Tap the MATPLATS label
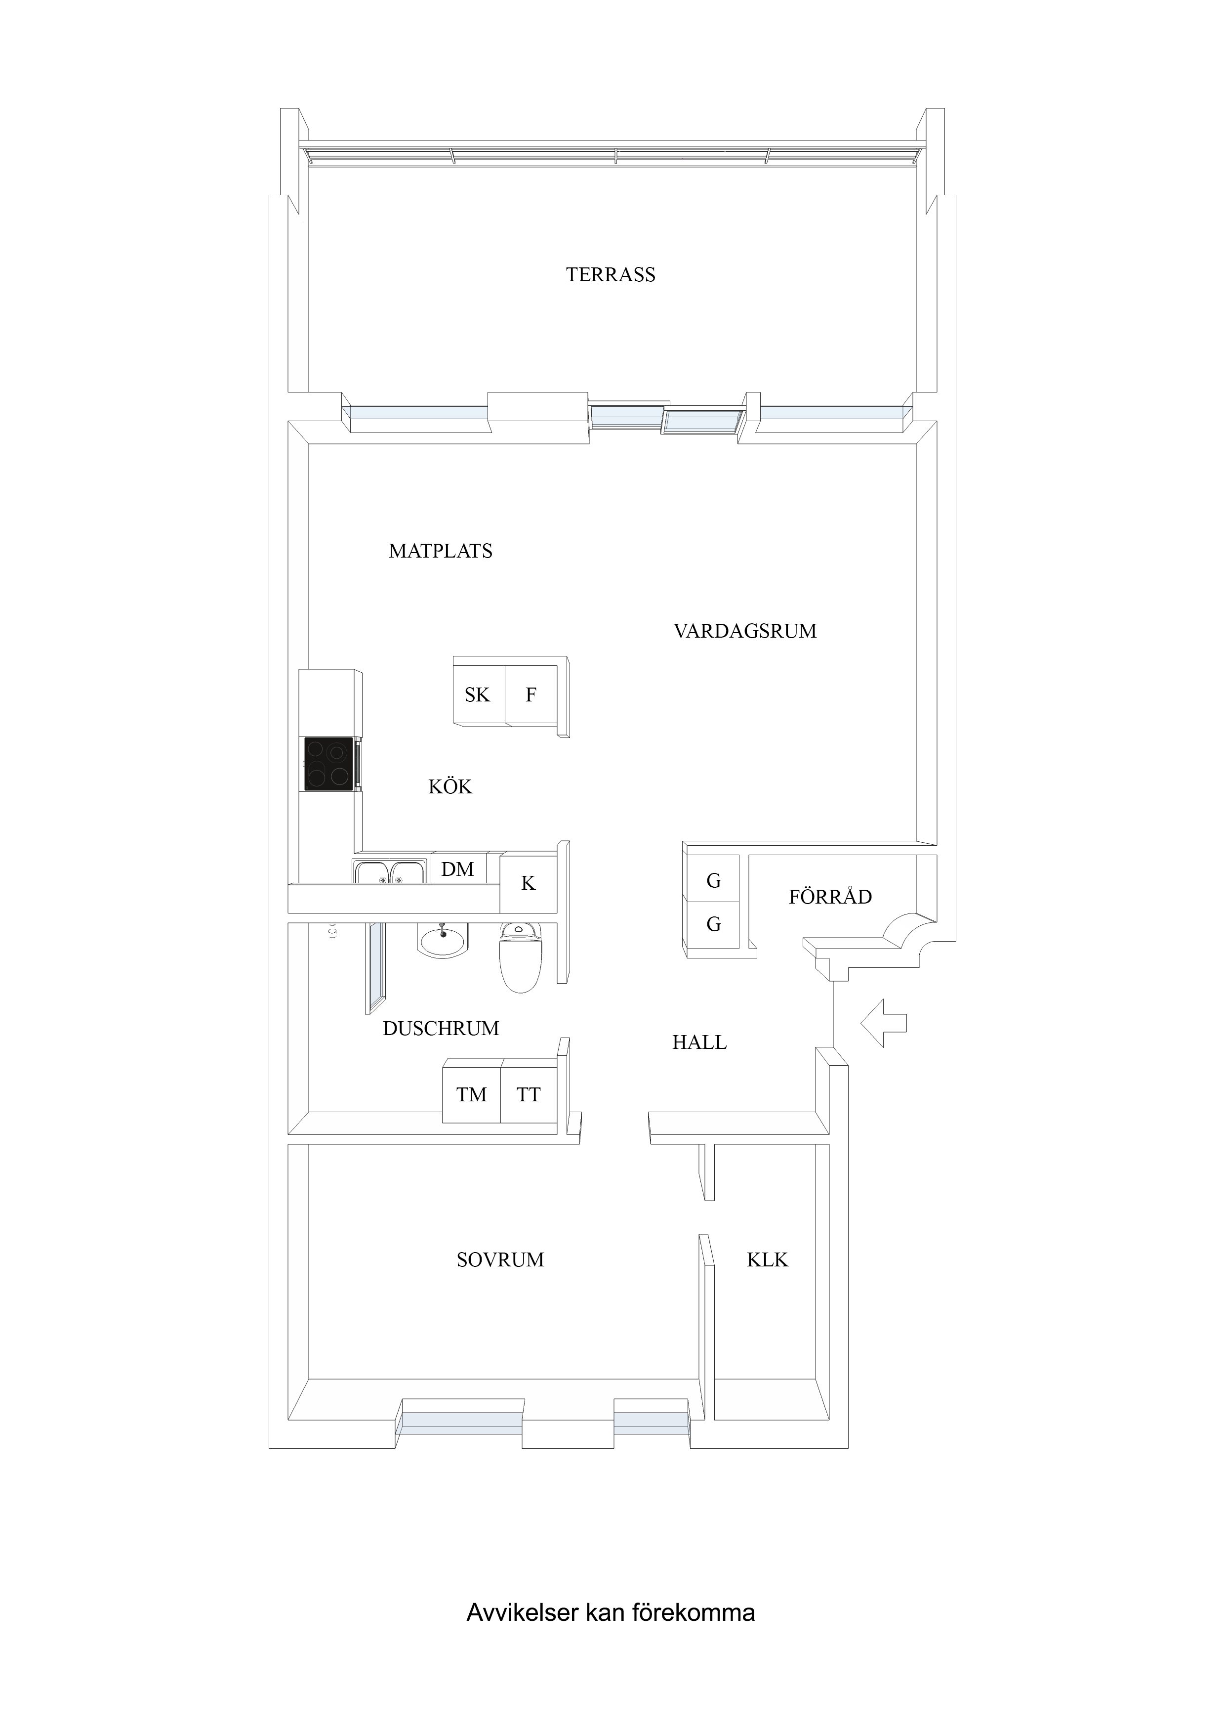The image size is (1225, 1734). tap(441, 551)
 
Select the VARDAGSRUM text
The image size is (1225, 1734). tap(745, 631)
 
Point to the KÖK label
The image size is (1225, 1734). tap(450, 786)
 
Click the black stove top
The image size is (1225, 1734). tap(328, 764)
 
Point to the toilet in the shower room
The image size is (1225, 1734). tap(520, 957)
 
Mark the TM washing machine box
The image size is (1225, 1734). tap(472, 1094)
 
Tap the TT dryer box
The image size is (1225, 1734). tap(529, 1094)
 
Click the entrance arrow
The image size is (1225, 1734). tap(884, 1023)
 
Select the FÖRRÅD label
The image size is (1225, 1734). tap(830, 897)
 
